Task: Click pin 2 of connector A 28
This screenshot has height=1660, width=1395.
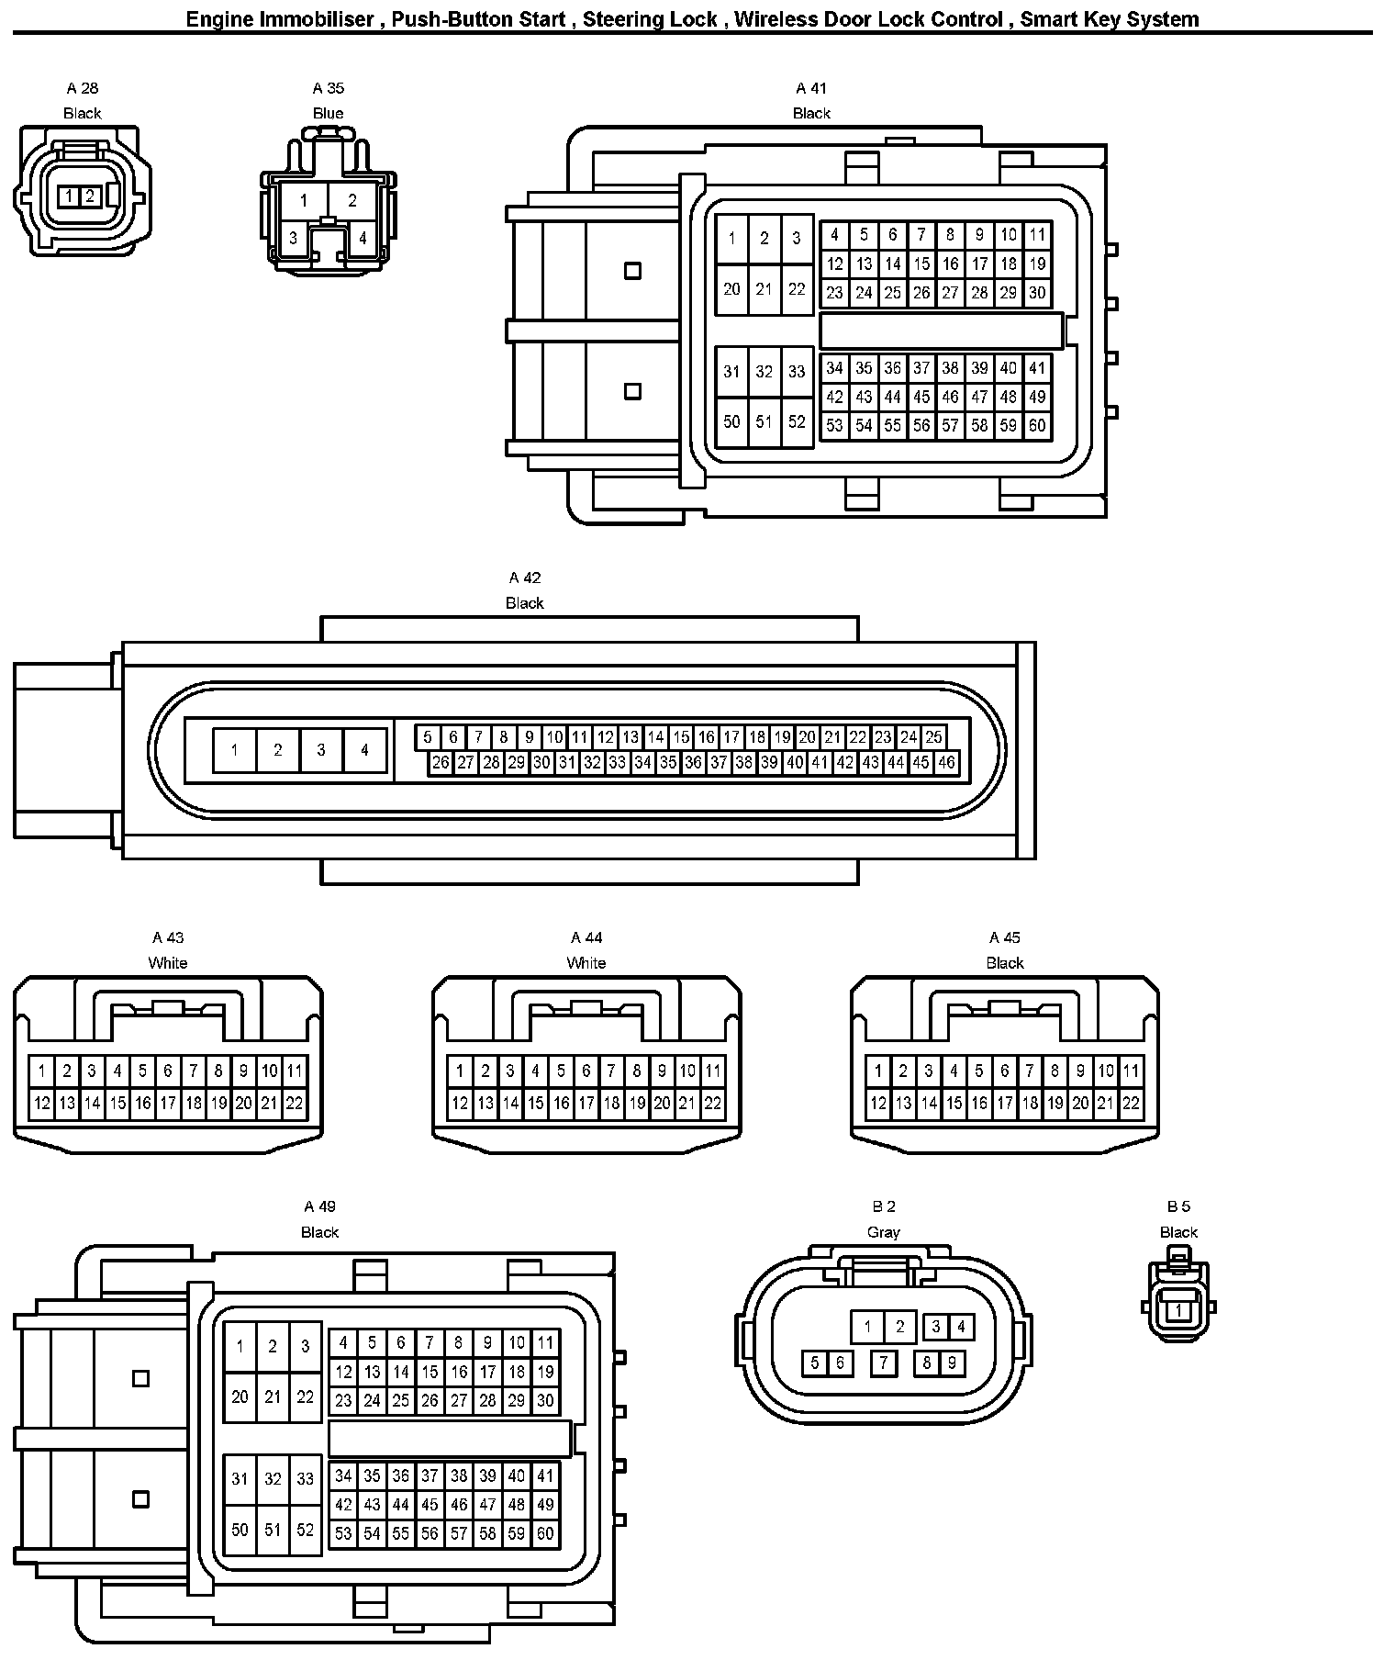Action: coord(90,196)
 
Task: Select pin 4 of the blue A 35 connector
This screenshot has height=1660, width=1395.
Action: coord(363,238)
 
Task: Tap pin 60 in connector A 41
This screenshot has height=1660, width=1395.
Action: coord(1037,425)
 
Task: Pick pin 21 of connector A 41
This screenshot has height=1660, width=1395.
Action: coord(764,289)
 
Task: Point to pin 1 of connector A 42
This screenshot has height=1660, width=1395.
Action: coord(234,750)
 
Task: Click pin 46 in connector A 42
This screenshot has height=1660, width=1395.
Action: coord(946,762)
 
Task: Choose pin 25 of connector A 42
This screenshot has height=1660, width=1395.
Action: coord(933,736)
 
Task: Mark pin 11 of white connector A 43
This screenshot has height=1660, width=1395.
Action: coord(295,1071)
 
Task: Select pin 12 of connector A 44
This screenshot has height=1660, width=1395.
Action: coord(460,1104)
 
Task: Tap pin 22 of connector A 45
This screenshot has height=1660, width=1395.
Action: coord(1131,1104)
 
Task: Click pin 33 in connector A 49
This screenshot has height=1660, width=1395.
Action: coord(305,1479)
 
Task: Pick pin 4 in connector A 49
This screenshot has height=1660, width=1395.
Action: coord(343,1342)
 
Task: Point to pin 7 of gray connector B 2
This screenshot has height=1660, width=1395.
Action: coord(883,1363)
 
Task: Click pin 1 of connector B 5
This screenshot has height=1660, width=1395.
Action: coord(1178,1312)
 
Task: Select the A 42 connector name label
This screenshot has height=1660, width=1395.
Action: coord(525,578)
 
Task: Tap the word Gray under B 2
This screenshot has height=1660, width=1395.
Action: coord(883,1232)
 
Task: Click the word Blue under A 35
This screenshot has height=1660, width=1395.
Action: coord(328,113)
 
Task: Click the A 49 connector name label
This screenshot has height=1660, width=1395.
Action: coord(319,1206)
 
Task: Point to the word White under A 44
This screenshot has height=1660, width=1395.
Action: coord(586,963)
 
